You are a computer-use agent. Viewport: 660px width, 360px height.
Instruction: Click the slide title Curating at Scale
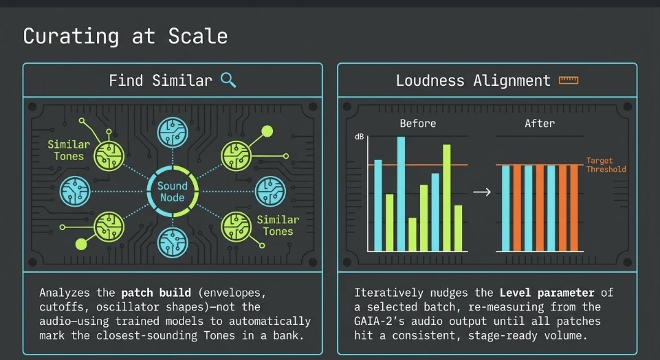coord(125,36)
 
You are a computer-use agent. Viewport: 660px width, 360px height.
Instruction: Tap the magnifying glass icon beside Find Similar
coord(228,80)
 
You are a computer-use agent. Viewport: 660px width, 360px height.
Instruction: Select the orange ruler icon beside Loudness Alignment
coord(569,80)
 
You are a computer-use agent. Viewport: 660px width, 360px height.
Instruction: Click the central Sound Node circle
coord(173,192)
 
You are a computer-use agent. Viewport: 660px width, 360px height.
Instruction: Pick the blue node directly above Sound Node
coord(173,132)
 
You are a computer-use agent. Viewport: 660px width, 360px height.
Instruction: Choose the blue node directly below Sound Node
coord(173,243)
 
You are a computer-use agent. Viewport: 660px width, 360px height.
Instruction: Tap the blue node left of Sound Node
coord(75,192)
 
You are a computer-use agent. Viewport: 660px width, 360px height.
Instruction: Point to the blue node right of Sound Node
coord(270,192)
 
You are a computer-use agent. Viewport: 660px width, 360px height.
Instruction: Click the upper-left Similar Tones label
coord(69,150)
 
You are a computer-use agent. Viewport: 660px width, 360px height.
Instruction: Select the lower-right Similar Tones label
coord(278,225)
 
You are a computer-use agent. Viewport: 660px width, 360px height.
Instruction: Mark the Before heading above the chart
coord(418,123)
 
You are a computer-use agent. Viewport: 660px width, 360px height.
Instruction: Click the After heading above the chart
coord(540,123)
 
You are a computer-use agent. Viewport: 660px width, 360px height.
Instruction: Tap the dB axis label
coord(360,137)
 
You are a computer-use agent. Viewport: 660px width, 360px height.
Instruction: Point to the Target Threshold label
coord(606,165)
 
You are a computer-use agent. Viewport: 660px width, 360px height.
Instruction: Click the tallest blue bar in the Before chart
coord(401,194)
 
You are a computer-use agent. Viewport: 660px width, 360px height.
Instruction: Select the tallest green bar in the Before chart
coord(447,198)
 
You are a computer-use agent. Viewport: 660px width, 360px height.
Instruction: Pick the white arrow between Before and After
coord(482,192)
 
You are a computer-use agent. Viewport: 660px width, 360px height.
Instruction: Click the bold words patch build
coord(156,292)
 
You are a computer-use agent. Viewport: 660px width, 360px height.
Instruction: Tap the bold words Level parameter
coord(547,292)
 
